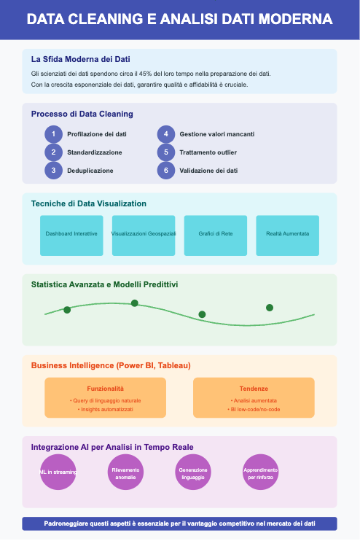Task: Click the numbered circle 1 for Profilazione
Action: pos(53,134)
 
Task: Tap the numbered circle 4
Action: pos(166,134)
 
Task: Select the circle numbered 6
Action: pos(166,171)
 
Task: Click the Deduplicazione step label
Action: pos(90,171)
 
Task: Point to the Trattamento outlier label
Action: pos(208,152)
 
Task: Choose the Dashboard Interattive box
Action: pos(71,236)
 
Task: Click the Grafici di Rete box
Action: pos(216,236)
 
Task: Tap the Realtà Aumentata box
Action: pos(287,236)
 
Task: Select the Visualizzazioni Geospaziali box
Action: pos(144,236)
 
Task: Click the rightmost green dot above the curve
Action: pos(270,308)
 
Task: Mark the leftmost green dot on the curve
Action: pos(67,310)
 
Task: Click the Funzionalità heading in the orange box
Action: pos(105,389)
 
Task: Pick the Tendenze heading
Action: pos(254,389)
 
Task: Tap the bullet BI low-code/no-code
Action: pos(254,409)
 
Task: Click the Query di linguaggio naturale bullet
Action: pos(105,400)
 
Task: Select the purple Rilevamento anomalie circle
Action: pos(125,472)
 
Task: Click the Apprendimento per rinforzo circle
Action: pos(260,472)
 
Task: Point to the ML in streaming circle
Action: pos(58,472)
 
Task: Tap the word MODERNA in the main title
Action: pos(296,19)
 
